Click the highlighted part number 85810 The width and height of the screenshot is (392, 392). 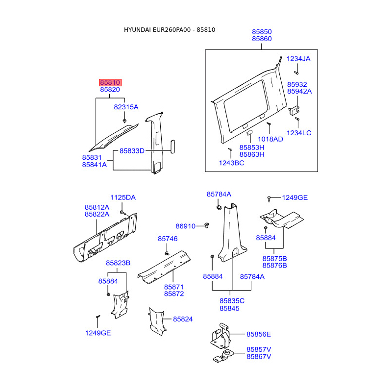click(x=110, y=82)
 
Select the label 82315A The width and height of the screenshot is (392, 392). click(x=126, y=107)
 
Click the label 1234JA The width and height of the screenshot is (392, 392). click(x=298, y=58)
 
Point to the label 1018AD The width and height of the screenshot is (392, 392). click(x=270, y=139)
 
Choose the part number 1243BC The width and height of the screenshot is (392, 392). click(x=231, y=163)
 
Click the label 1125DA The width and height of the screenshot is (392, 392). click(x=122, y=197)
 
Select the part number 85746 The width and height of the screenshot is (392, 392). click(x=168, y=239)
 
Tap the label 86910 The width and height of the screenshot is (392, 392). click(x=186, y=226)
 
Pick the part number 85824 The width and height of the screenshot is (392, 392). click(x=183, y=319)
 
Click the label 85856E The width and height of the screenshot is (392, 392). click(x=259, y=334)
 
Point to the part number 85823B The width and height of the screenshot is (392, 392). click(x=118, y=263)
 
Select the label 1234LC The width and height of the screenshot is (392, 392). click(x=299, y=133)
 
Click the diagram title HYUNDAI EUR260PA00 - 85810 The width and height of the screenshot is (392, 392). click(x=170, y=30)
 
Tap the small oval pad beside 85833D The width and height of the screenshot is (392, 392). click(x=172, y=146)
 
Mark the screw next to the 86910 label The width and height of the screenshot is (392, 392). click(x=207, y=225)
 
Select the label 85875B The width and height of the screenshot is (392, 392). click(x=274, y=258)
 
